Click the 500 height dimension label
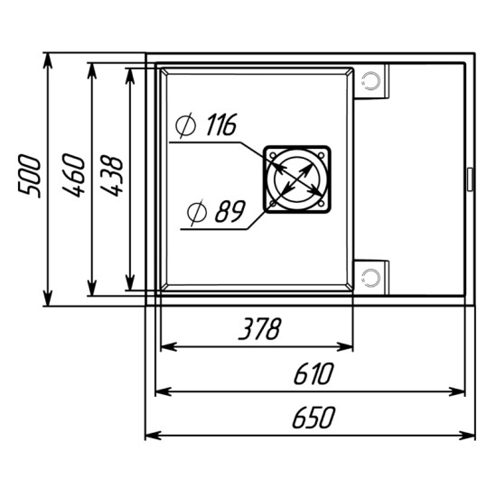[30, 176]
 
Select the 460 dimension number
[73, 175]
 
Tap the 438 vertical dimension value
[111, 176]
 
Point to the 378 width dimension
[259, 328]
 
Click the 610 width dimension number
[314, 373]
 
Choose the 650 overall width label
[314, 418]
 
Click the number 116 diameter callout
[221, 124]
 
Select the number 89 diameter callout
[230, 211]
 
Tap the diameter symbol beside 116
[185, 125]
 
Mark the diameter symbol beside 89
[196, 213]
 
